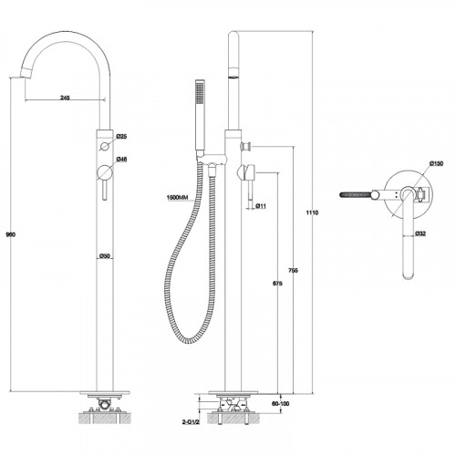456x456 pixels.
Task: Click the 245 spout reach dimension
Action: tap(65, 98)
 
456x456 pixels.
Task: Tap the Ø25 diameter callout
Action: tap(121, 137)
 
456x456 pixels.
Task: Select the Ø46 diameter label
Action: tap(121, 160)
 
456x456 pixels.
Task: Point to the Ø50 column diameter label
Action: tap(105, 256)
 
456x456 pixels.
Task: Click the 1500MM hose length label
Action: tap(178, 198)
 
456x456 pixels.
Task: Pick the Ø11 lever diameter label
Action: tap(261, 206)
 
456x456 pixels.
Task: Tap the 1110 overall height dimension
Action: tap(312, 212)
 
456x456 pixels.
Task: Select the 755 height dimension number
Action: tap(293, 270)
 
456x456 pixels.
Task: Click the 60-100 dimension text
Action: tap(280, 404)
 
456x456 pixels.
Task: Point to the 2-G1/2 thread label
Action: tap(191, 422)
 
